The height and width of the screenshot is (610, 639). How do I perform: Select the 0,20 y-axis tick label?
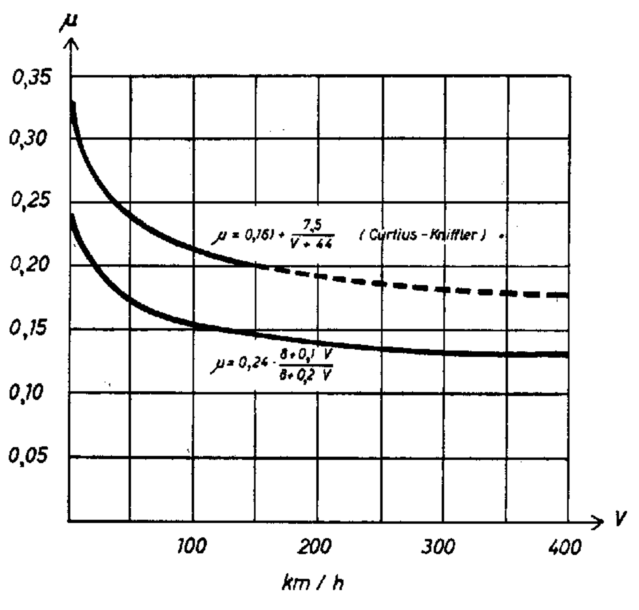point(29,263)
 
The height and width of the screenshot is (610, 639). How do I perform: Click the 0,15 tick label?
point(29,327)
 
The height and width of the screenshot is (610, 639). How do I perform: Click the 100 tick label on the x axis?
point(192,546)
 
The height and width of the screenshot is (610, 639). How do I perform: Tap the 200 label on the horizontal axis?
point(315,546)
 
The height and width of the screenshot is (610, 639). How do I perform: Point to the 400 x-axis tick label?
point(564,547)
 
